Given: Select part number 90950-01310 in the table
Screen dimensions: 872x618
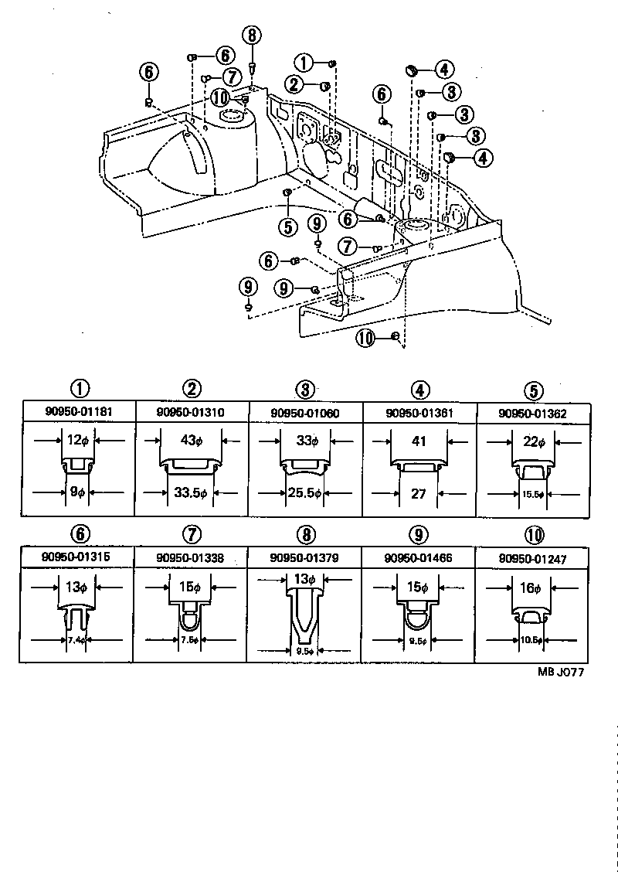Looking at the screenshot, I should pyautogui.click(x=192, y=412).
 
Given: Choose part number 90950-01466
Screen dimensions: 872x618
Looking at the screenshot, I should pyautogui.click(x=419, y=557).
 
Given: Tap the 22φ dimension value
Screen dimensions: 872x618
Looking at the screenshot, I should pyautogui.click(x=532, y=442).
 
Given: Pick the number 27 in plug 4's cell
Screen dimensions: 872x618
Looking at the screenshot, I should pyautogui.click(x=419, y=493).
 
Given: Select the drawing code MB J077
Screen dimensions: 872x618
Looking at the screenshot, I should pyautogui.click(x=561, y=673).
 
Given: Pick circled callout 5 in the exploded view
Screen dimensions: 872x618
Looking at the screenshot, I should pyautogui.click(x=288, y=227).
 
